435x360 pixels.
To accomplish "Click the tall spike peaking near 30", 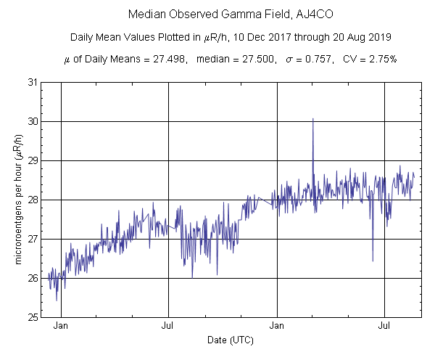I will point(312,120).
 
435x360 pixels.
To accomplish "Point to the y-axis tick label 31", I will point(33,82).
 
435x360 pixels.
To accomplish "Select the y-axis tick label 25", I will point(33,317).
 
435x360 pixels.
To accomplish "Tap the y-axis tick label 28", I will point(33,200).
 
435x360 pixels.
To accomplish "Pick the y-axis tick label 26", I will point(33,278).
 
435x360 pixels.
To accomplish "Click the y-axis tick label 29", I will point(33,160).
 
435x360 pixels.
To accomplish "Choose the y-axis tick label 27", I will point(33,239).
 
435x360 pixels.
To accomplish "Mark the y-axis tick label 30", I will point(33,121).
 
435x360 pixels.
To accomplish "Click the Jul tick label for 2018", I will point(168,327).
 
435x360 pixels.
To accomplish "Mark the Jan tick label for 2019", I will point(277,327).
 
